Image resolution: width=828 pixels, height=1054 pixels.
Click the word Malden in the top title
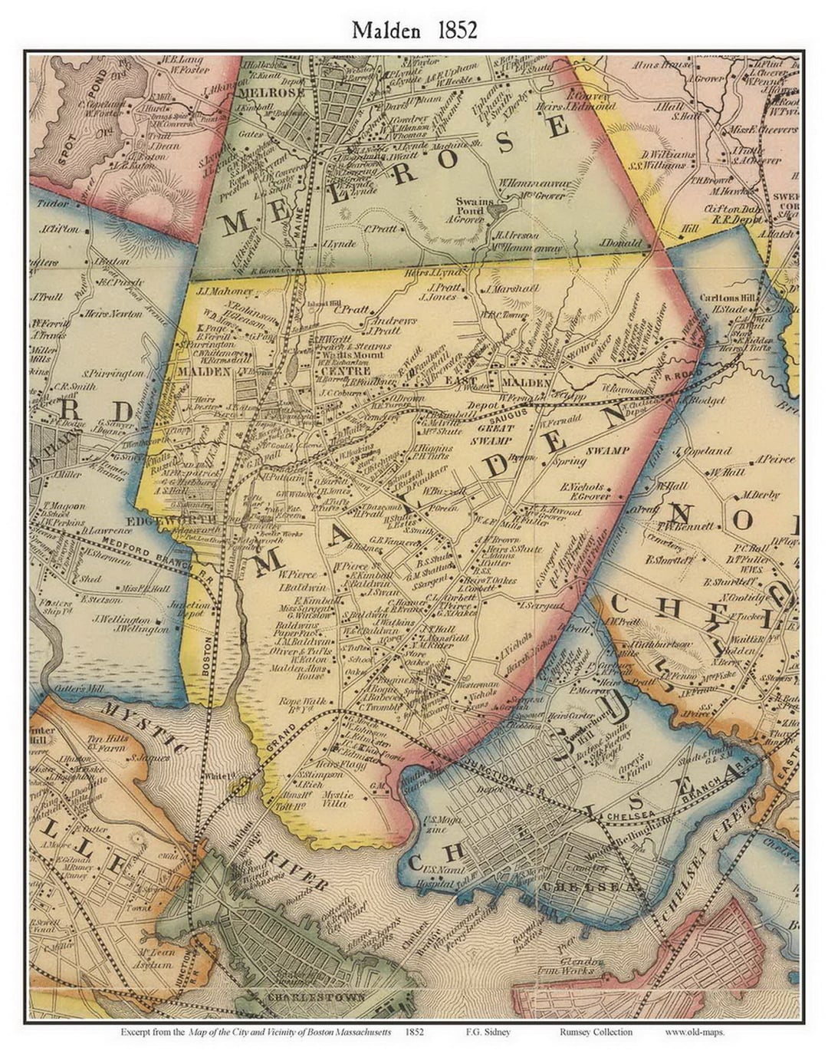(385, 30)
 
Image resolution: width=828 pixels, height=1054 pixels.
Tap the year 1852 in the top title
(458, 30)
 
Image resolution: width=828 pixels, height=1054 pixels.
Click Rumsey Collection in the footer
(596, 1032)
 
